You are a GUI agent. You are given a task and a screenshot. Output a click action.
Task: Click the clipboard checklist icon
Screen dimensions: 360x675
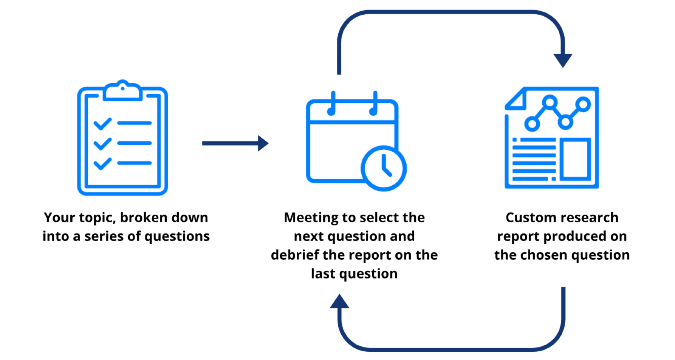tap(122, 138)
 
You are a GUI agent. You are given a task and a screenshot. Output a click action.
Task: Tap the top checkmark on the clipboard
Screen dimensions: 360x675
tap(102, 124)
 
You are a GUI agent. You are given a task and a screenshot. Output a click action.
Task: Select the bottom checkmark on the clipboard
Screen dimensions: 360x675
tap(102, 164)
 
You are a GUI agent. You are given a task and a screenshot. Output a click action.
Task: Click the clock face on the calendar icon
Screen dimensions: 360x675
tap(384, 168)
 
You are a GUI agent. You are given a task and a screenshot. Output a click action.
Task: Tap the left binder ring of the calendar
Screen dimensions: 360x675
tap(332, 104)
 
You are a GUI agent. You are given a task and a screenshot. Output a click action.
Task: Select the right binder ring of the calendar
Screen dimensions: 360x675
tap(374, 104)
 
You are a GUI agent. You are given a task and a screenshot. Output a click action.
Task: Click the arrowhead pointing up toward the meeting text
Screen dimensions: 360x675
tap(339, 302)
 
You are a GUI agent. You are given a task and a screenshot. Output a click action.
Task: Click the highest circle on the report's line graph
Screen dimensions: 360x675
tap(550, 102)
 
